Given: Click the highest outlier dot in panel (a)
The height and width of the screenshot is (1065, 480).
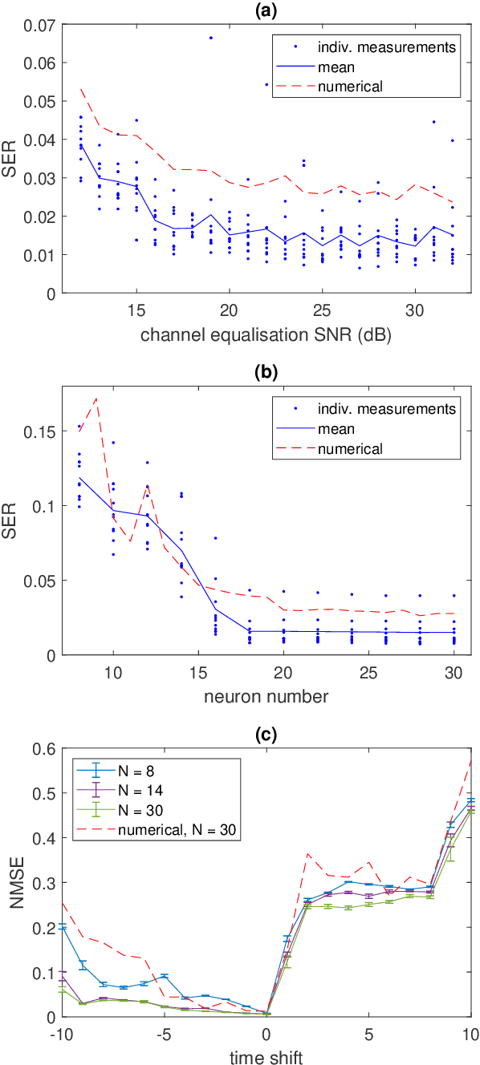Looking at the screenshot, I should tap(210, 38).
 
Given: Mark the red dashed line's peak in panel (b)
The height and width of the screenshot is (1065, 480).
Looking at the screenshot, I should tap(96, 399).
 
